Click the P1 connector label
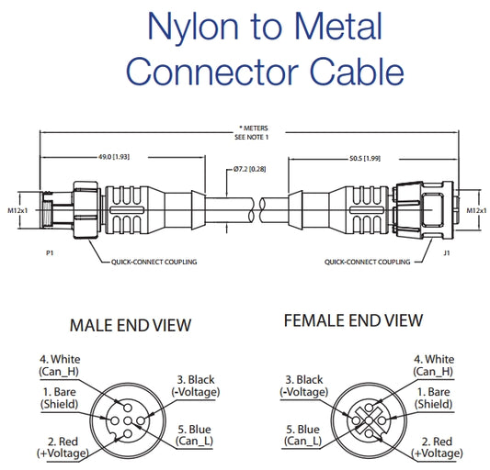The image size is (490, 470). (47, 251)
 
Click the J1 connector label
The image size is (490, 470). (447, 251)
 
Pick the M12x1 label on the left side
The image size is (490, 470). (17, 210)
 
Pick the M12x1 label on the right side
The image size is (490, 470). (476, 210)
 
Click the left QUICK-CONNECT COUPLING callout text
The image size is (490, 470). (155, 262)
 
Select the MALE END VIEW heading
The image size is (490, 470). (131, 324)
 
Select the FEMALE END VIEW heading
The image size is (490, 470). (353, 320)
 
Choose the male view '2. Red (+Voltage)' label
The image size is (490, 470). (63, 447)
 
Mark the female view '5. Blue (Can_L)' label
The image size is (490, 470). (302, 434)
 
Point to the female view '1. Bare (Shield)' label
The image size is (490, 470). (434, 397)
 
